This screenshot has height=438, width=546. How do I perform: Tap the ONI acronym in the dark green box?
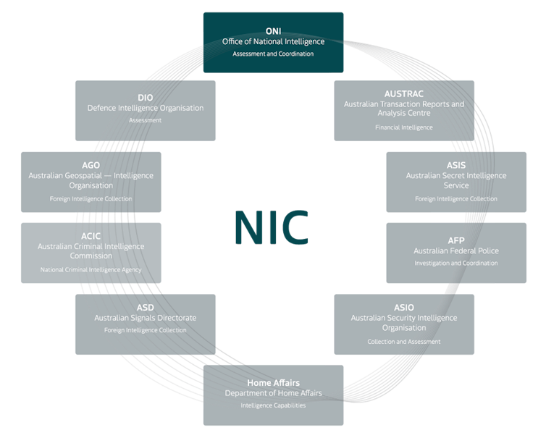tap(273, 31)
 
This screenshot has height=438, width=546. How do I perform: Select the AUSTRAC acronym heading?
tap(404, 94)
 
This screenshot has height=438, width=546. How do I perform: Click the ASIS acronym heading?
tap(456, 166)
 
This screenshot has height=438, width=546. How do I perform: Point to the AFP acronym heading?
tap(456, 240)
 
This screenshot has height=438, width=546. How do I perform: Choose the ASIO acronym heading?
tap(404, 308)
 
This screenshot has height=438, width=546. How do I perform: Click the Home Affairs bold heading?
tap(273, 382)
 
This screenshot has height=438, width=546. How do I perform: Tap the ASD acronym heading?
tap(145, 307)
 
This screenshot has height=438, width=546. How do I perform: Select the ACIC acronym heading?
tap(91, 236)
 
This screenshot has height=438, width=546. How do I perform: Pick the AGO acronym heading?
tap(91, 165)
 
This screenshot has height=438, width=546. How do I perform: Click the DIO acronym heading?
tap(145, 97)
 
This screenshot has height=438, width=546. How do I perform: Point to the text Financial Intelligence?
tap(404, 127)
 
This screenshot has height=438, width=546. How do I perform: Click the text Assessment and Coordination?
tap(273, 54)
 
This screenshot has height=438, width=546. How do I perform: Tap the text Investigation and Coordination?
tap(456, 264)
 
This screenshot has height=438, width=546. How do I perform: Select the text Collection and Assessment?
tap(404, 342)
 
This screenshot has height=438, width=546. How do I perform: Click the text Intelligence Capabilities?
tap(273, 405)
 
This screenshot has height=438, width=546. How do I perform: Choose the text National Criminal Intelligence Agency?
tap(91, 270)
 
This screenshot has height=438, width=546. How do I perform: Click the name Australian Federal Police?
tap(456, 251)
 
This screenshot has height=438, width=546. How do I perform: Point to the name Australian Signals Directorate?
tap(145, 318)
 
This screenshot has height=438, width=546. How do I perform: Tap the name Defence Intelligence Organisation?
tap(145, 108)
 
